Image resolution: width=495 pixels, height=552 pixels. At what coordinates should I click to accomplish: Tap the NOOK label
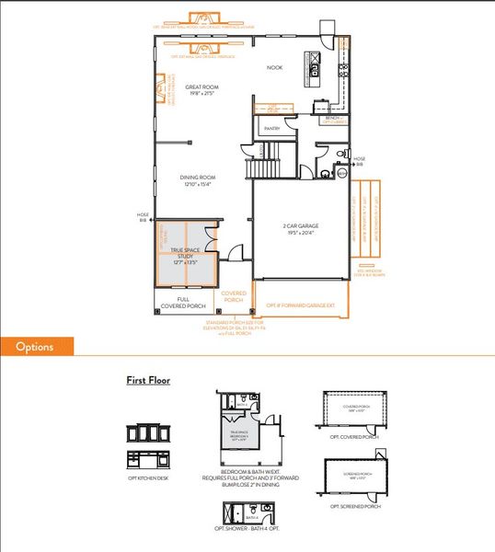(x=274, y=68)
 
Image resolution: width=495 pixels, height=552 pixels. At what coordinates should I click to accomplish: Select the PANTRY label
(x=271, y=129)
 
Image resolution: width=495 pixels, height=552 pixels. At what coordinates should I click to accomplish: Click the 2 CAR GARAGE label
(x=299, y=229)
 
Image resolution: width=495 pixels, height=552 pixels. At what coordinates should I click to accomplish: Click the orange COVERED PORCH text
(x=233, y=297)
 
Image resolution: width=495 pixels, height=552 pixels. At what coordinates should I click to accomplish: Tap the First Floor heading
(x=147, y=380)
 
